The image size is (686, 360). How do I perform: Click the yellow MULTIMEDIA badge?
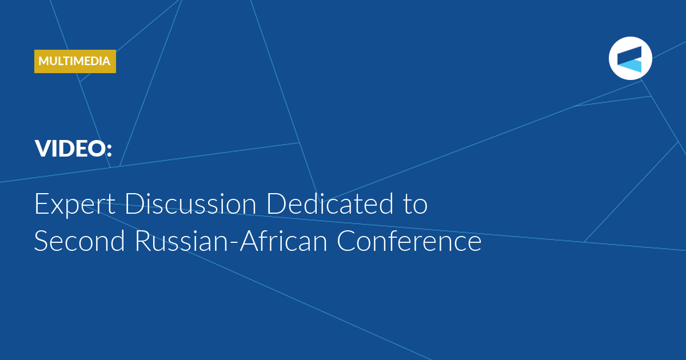(75, 61)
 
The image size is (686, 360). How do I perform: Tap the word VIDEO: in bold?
(74, 149)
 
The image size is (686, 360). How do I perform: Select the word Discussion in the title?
(190, 203)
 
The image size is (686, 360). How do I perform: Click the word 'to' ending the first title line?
(416, 205)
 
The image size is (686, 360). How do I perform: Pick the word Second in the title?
(79, 241)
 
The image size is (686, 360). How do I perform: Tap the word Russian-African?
(231, 241)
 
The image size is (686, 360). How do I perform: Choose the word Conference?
(409, 241)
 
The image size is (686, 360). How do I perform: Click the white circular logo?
(630, 58)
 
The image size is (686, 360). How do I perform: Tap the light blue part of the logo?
(632, 66)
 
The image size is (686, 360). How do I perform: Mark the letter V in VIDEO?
(45, 149)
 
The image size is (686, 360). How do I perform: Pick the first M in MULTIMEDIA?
(44, 61)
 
